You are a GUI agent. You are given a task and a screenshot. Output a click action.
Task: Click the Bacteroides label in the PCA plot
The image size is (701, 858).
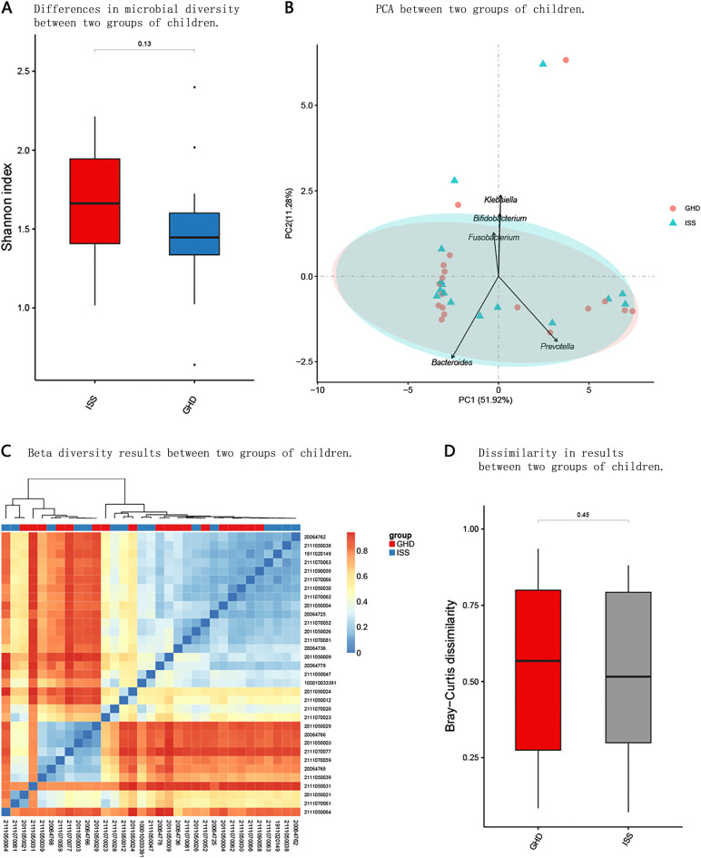click(x=451, y=362)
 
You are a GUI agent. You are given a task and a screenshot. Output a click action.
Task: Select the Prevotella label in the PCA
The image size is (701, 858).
click(x=558, y=346)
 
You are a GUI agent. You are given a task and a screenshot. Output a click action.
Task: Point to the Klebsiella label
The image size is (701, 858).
click(x=500, y=200)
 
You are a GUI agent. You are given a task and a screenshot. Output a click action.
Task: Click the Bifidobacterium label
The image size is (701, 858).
click(x=499, y=219)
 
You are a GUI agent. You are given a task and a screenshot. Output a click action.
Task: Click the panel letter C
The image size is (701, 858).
click(x=7, y=451)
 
